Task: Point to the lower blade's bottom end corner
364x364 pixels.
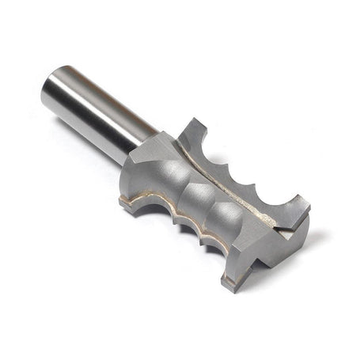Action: tap(227, 282)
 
